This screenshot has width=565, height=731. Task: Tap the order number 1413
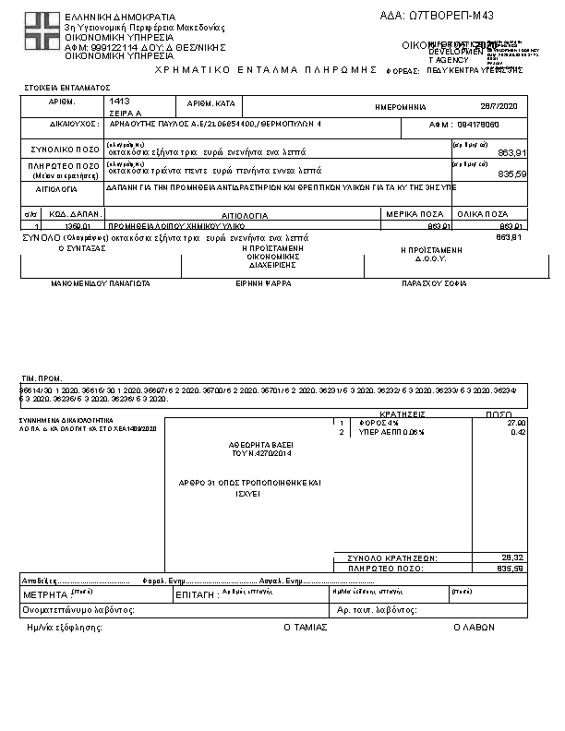pyautogui.click(x=119, y=100)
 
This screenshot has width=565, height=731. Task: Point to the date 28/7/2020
pyautogui.click(x=501, y=106)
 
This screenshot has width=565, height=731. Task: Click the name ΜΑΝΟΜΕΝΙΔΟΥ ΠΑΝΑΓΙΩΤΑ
pyautogui.click(x=101, y=285)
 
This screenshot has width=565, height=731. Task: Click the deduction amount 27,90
pyautogui.click(x=517, y=423)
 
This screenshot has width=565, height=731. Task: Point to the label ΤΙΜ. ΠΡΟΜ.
pyautogui.click(x=42, y=379)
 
